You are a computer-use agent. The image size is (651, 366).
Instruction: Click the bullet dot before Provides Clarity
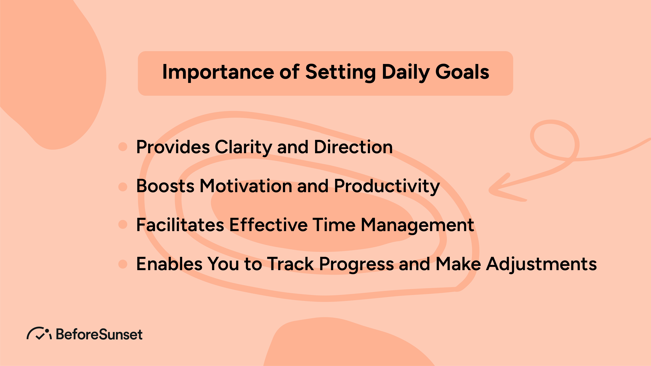point(123,147)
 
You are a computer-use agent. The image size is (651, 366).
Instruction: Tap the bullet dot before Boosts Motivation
point(123,187)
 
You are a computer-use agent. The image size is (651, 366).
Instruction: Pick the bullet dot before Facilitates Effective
point(123,224)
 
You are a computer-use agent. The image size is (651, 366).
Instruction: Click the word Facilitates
point(180,225)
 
